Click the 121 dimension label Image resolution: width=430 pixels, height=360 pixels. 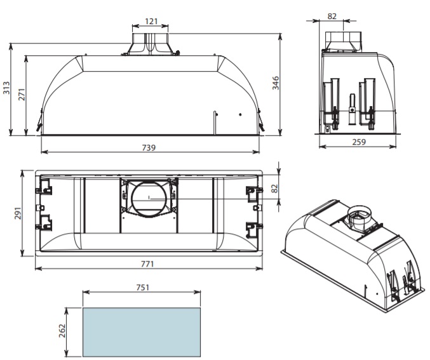pyautogui.click(x=151, y=21)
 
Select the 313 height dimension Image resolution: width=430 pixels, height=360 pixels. pyautogui.click(x=6, y=88)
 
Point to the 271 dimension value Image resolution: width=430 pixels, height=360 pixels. pyautogui.click(x=22, y=95)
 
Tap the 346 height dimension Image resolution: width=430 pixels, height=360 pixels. pyautogui.click(x=275, y=83)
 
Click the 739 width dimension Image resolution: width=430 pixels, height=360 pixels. pyautogui.click(x=149, y=147)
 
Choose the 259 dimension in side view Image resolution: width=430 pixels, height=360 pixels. pyautogui.click(x=359, y=142)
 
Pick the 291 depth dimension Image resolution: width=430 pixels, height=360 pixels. pyautogui.click(x=18, y=213)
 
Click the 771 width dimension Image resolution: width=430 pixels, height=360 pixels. pyautogui.click(x=147, y=263)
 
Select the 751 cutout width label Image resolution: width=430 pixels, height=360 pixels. pyautogui.click(x=143, y=288)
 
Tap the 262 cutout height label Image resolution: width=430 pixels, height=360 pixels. pyautogui.click(x=62, y=331)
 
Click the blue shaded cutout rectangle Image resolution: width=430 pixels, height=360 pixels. pyautogui.click(x=142, y=332)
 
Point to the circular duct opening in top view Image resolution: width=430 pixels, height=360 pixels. pyautogui.click(x=149, y=198)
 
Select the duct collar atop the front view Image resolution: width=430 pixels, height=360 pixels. pyautogui.click(x=150, y=44)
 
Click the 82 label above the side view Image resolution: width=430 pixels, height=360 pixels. pyautogui.click(x=332, y=16)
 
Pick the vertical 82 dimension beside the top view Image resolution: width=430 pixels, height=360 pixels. pyautogui.click(x=275, y=189)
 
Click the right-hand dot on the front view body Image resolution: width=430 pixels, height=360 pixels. pyautogui.click(x=240, y=114)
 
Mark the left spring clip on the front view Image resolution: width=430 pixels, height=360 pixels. pyautogui.click(x=39, y=120)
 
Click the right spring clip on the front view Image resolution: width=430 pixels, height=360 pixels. pyautogui.click(x=261, y=120)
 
